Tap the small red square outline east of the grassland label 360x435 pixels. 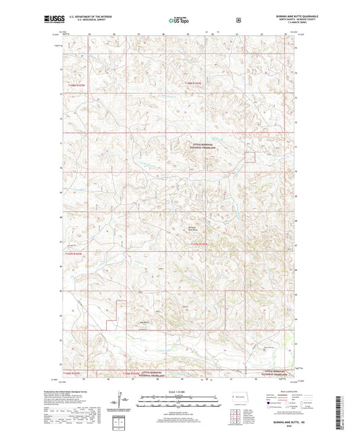click(x=250, y=157)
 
